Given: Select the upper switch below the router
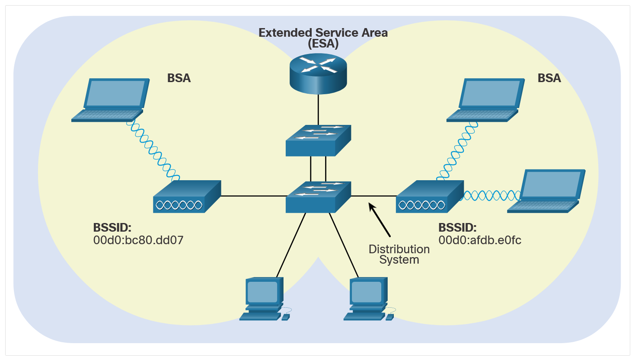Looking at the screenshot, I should (x=318, y=140).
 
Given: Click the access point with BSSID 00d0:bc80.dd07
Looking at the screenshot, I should (x=187, y=197).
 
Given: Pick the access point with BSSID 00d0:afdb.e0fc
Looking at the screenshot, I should (x=429, y=197).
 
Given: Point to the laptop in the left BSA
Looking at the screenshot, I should (x=111, y=100).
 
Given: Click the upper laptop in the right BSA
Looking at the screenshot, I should (x=485, y=100).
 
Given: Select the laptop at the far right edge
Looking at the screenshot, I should (x=546, y=191).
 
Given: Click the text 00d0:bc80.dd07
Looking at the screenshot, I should (x=138, y=240).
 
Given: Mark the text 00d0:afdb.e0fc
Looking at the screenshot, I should (x=480, y=240).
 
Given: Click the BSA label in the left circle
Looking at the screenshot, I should (x=179, y=78).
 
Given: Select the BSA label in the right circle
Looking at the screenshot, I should (x=549, y=78).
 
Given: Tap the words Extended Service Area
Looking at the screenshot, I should (x=323, y=33).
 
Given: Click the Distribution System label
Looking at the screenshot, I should (x=399, y=255).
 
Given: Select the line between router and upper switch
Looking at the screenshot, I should (x=318, y=109).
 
